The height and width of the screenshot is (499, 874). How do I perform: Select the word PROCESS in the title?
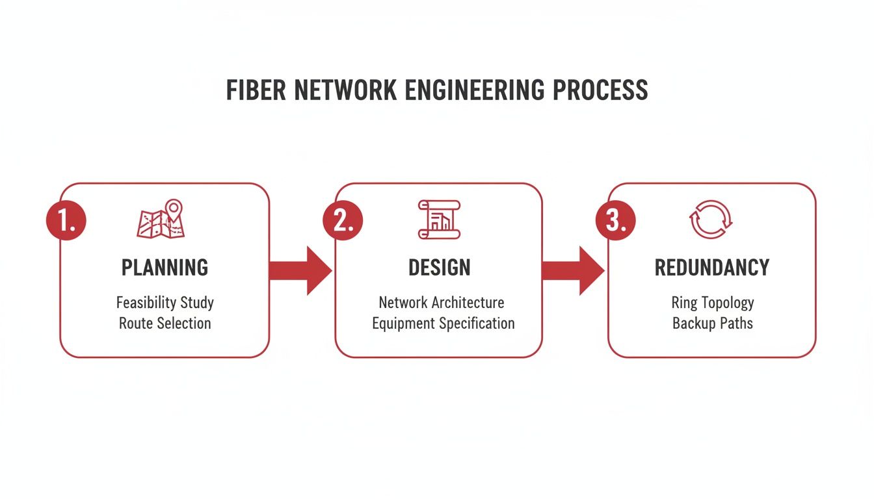click(x=600, y=90)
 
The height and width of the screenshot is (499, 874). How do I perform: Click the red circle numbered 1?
click(x=66, y=220)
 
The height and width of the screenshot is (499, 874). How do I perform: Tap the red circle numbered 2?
click(x=343, y=220)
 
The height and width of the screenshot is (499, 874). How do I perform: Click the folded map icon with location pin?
click(x=161, y=219)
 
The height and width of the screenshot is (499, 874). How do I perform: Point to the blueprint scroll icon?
click(x=439, y=219)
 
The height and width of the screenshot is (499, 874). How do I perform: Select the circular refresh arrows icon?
click(x=711, y=219)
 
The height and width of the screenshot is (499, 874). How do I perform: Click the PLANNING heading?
click(x=165, y=268)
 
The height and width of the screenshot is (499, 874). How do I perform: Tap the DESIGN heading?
click(x=439, y=268)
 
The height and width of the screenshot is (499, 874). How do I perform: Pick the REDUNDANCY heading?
click(x=711, y=268)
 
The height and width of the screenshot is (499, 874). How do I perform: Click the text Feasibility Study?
click(x=165, y=303)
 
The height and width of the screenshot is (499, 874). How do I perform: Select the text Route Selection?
click(x=165, y=323)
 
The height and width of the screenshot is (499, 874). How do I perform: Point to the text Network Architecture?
click(x=441, y=303)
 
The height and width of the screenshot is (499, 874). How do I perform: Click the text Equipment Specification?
click(x=443, y=323)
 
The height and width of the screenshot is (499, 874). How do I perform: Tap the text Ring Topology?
click(x=712, y=303)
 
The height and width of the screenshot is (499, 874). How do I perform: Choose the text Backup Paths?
click(x=712, y=323)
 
